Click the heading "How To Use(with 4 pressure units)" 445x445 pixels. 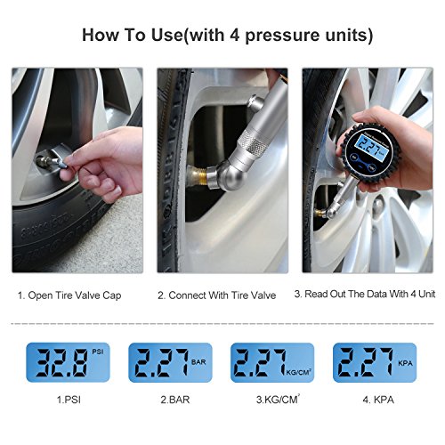pyautogui.click(x=227, y=35)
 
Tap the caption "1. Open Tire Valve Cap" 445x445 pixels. pyautogui.click(x=69, y=295)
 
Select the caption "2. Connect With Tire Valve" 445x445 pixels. pyautogui.click(x=217, y=295)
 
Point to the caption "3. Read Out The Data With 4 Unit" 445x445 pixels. pyautogui.click(x=365, y=294)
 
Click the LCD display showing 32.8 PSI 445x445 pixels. pyautogui.click(x=68, y=362)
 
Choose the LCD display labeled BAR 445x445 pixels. pyautogui.click(x=170, y=362)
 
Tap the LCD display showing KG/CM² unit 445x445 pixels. pyautogui.click(x=272, y=362)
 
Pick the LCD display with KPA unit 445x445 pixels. pyautogui.click(x=375, y=362)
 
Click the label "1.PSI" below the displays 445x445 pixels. pyautogui.click(x=69, y=400)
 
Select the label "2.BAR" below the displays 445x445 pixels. pyautogui.click(x=175, y=400)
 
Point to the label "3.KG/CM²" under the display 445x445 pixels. pyautogui.click(x=278, y=400)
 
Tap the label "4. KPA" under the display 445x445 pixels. pyautogui.click(x=378, y=400)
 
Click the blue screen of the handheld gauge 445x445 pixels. pyautogui.click(x=369, y=145)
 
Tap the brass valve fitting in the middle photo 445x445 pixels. pyautogui.click(x=197, y=178)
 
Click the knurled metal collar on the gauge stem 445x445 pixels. pyautogui.click(x=251, y=142)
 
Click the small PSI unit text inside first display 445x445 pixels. pyautogui.click(x=98, y=352)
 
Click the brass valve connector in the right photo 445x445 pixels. pyautogui.click(x=320, y=213)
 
